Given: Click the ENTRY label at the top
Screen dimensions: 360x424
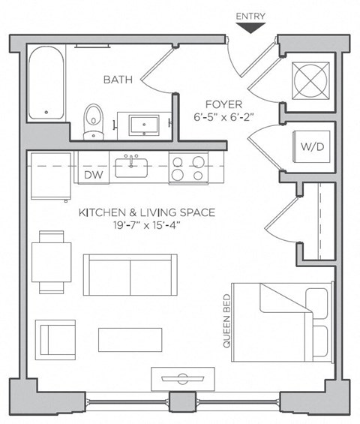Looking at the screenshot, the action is tap(250, 17).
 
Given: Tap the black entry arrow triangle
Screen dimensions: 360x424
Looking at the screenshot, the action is tap(250, 28).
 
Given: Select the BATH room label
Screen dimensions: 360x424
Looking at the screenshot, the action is tap(118, 80).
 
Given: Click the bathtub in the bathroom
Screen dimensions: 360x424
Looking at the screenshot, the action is tap(46, 83).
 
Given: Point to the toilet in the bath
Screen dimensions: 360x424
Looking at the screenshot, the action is tap(94, 122).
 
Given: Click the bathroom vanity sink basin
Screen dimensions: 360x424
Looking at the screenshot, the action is tap(144, 125).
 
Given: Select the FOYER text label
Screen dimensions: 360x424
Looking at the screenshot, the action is tap(223, 104).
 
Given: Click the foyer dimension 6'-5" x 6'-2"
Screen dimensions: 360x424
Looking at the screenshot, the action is tap(224, 117).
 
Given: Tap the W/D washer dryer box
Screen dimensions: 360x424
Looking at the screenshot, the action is tap(312, 146).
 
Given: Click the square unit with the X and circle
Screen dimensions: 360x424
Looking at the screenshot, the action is tap(310, 81).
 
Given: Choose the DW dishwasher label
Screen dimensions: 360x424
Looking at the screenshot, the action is tap(94, 175).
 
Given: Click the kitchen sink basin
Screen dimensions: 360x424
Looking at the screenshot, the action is tap(131, 167).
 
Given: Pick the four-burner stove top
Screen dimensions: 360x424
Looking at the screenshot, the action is tap(189, 167).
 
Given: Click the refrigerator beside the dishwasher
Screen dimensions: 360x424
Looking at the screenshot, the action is tap(51, 176).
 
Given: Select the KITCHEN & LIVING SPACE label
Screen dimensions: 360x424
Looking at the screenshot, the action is tap(147, 212).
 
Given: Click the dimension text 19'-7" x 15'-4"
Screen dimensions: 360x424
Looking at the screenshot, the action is tap(147, 225).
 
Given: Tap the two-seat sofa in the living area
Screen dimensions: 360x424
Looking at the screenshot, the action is tap(130, 275).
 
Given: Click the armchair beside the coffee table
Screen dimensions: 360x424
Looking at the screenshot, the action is tap(55, 340).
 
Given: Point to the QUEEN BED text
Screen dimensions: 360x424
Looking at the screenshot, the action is tap(226, 321).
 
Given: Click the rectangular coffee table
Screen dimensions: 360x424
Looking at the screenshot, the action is tap(130, 340).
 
